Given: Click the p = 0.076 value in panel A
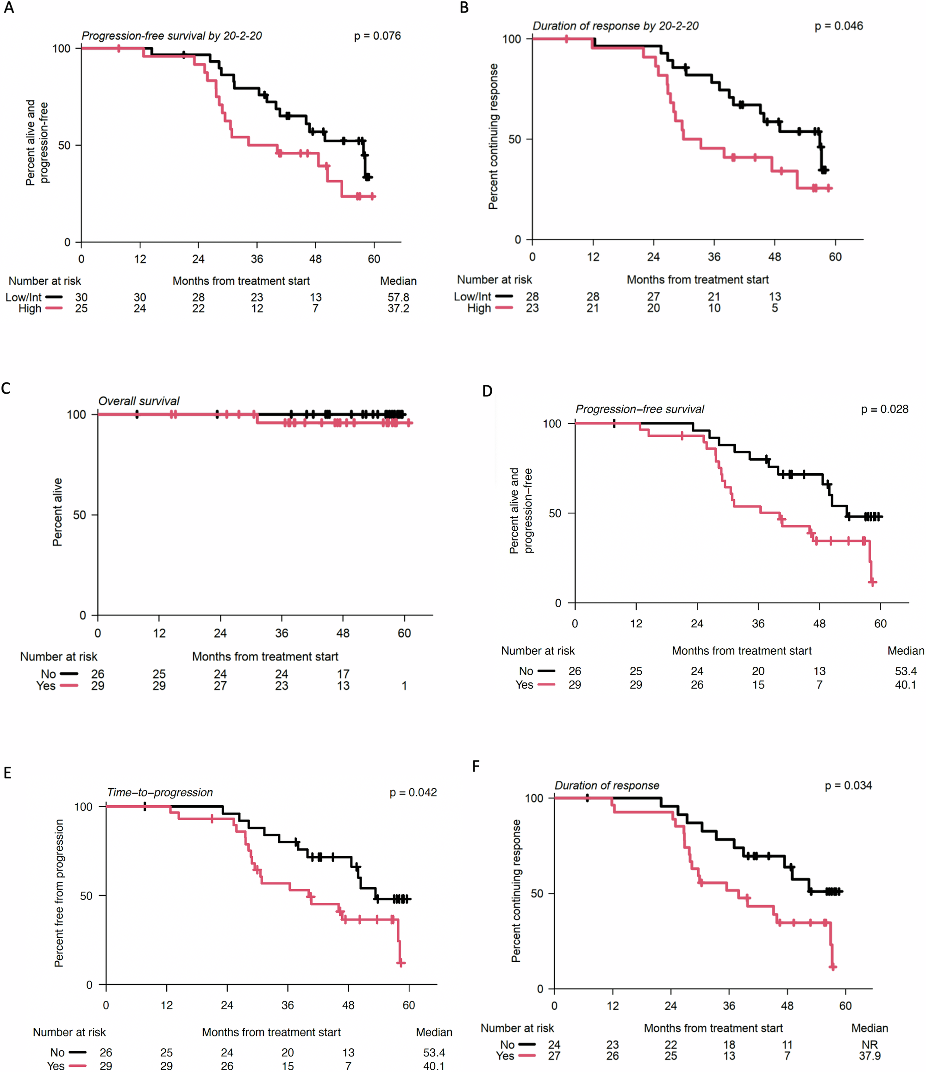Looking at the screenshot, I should click(377, 36).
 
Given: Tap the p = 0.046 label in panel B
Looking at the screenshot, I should click(838, 26).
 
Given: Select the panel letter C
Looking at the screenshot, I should click(6, 389).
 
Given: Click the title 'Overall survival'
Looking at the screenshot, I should click(138, 401).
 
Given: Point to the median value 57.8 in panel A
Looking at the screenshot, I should click(398, 297).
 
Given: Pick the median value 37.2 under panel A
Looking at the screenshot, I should click(398, 308).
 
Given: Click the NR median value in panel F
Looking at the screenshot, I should click(869, 1045).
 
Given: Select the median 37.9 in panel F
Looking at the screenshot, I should click(869, 1056).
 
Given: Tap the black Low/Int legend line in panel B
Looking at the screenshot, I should click(503, 296).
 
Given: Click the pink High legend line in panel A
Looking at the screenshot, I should click(54, 308).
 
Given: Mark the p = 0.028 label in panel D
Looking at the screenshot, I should click(884, 409).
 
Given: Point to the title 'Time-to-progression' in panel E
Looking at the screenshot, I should click(160, 792).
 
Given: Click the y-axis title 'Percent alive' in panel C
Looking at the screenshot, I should click(57, 512).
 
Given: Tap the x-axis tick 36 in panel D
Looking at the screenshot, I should click(758, 623).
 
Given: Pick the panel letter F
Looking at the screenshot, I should click(476, 766).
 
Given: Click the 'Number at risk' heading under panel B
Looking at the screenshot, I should click(494, 279).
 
